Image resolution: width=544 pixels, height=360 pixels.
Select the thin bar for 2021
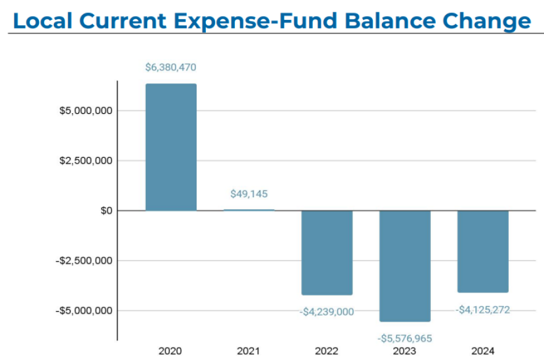[249, 210]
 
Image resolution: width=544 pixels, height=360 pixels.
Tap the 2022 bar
[326, 252]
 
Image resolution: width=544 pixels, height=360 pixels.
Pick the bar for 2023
[405, 266]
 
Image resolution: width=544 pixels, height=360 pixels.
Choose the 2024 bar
[483, 251]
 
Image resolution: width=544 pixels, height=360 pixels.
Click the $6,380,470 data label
[171, 67]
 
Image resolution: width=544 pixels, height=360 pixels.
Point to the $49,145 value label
[249, 194]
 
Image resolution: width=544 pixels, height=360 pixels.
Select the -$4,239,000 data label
[326, 312]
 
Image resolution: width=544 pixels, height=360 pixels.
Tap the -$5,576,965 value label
[405, 338]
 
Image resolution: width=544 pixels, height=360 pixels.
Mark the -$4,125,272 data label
[483, 309]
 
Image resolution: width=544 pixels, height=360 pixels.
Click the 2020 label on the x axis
[170, 351]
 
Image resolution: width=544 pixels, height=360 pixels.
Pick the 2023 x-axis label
[405, 351]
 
